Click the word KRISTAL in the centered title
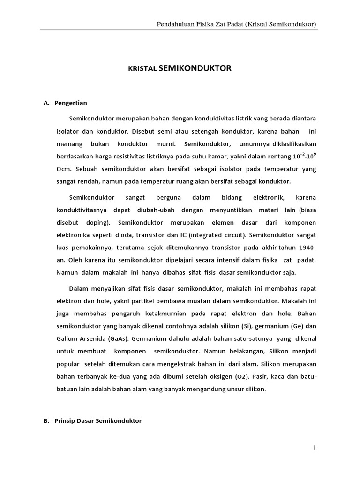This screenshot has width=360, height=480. (142, 69)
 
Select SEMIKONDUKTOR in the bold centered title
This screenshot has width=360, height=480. (195, 68)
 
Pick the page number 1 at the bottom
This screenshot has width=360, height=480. (315, 449)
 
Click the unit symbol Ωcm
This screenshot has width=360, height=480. (63, 168)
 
